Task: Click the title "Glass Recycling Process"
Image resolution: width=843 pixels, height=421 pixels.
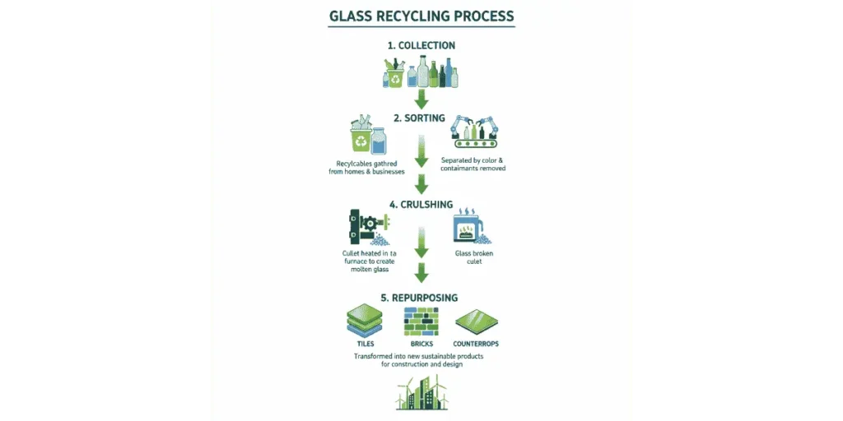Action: (x=421, y=16)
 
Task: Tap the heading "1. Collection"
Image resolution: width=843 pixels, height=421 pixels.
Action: (x=421, y=45)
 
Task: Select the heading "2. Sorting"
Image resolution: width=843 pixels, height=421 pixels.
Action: (x=421, y=118)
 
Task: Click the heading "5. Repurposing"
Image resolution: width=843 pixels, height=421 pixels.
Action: (x=421, y=297)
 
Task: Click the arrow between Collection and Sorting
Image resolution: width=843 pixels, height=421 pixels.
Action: (x=421, y=99)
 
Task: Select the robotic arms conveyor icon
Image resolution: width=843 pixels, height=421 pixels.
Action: (x=476, y=133)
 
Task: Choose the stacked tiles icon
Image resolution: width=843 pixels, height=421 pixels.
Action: (x=362, y=321)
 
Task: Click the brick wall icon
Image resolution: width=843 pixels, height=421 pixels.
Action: (x=421, y=322)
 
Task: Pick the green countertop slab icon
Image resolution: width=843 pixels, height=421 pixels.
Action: (x=477, y=321)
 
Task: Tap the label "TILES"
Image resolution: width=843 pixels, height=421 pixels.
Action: (x=362, y=343)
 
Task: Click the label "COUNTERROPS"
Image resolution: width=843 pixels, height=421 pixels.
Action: (x=477, y=343)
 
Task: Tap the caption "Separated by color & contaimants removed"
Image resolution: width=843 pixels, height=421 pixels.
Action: (x=478, y=164)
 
